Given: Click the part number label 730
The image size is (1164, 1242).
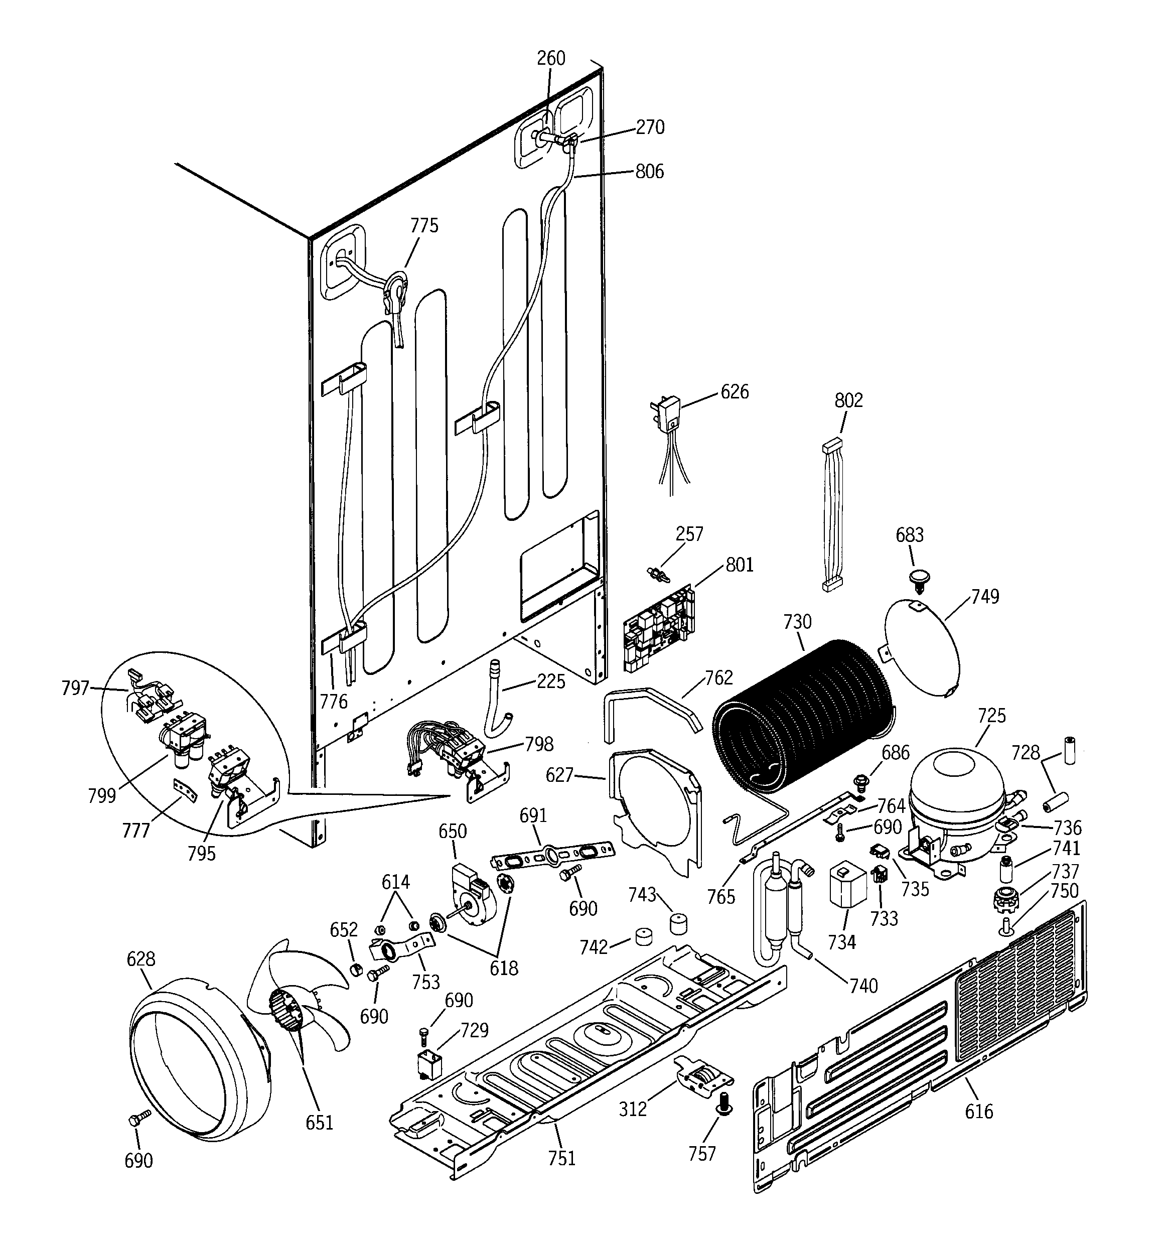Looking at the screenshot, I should [797, 622].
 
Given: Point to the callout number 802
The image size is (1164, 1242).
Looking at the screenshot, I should [848, 400].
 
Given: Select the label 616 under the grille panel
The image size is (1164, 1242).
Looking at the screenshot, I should [978, 1112].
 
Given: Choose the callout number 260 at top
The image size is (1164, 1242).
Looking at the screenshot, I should [550, 58].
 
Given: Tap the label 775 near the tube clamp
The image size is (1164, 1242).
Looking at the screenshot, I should [424, 225].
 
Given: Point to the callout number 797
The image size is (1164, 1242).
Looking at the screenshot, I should [75, 688].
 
